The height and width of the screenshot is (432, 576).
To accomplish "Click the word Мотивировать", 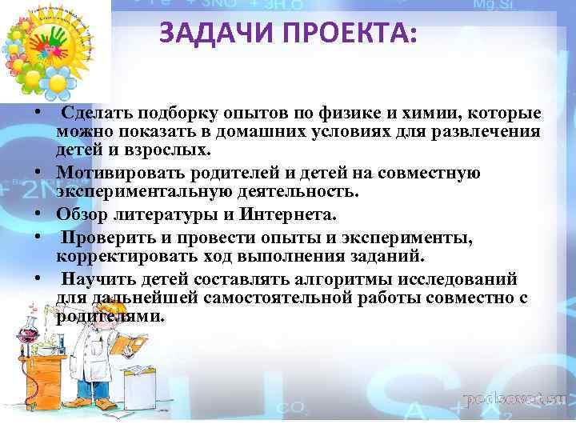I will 114,174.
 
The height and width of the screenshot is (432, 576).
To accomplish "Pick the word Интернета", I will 283,214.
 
